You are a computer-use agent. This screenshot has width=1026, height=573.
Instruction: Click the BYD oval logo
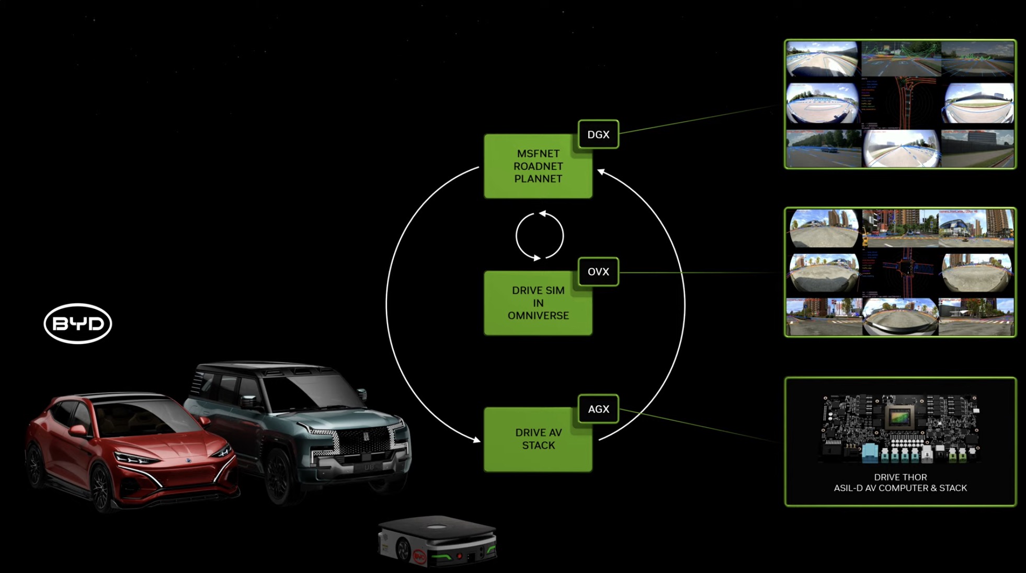coord(77,324)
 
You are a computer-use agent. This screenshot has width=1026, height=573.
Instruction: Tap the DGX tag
coord(598,134)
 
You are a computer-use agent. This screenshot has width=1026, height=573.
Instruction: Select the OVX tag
coord(598,272)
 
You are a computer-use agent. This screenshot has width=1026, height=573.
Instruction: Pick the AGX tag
coord(598,409)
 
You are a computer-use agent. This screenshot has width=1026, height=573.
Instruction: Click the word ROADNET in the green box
coord(538,166)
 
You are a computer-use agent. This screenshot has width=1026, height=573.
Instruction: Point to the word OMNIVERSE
coord(538,316)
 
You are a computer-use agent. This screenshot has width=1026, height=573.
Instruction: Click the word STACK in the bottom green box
coord(538,445)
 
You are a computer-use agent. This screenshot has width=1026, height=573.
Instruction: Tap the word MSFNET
coord(538,154)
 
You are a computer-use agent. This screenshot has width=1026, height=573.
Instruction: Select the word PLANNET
coord(538,179)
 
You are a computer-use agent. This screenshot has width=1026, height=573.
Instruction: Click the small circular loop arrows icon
coord(539,236)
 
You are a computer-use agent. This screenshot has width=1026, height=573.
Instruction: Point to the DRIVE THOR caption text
coord(900,477)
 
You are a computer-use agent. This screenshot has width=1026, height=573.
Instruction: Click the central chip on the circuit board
coord(900,417)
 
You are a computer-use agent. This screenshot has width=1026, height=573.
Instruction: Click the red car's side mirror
coord(78,430)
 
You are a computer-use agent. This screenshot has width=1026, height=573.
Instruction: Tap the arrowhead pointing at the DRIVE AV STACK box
coord(476,440)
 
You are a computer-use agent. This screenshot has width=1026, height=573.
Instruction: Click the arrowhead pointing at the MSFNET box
coord(601,171)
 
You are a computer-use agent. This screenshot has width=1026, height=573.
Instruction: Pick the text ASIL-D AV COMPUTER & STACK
coord(900,488)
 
